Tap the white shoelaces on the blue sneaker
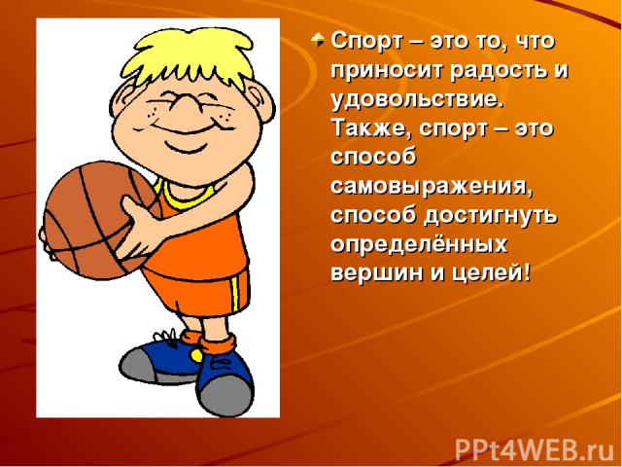(x=166, y=338)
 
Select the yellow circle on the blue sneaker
(x=195, y=354)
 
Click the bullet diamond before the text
(x=318, y=40)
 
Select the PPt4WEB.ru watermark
(x=536, y=449)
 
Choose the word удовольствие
(x=418, y=100)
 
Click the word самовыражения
(x=432, y=188)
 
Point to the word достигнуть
(x=490, y=217)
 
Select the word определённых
(x=419, y=245)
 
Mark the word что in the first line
(x=534, y=41)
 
